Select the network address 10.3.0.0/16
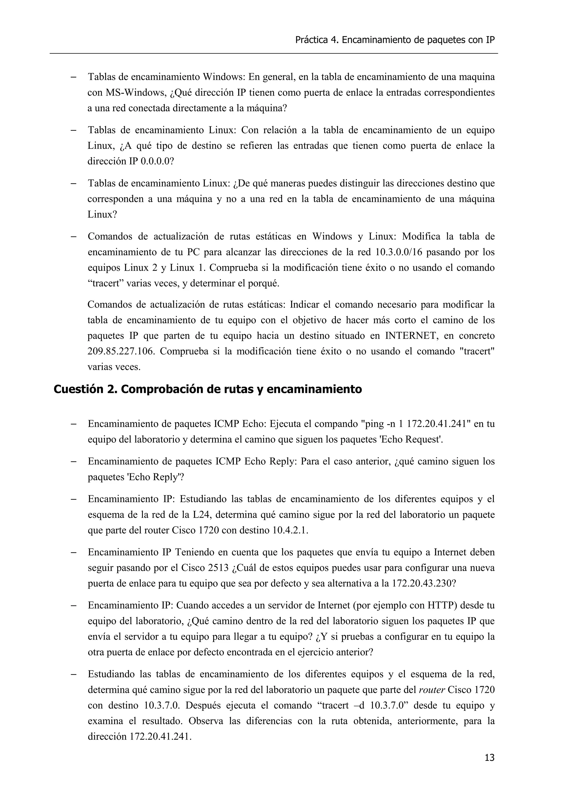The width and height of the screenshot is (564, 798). click(x=399, y=252)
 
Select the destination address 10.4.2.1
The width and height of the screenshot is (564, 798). click(x=291, y=530)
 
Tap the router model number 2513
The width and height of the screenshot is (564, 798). click(x=218, y=568)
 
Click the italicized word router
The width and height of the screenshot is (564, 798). click(x=432, y=690)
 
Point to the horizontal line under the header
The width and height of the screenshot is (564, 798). click(x=274, y=53)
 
